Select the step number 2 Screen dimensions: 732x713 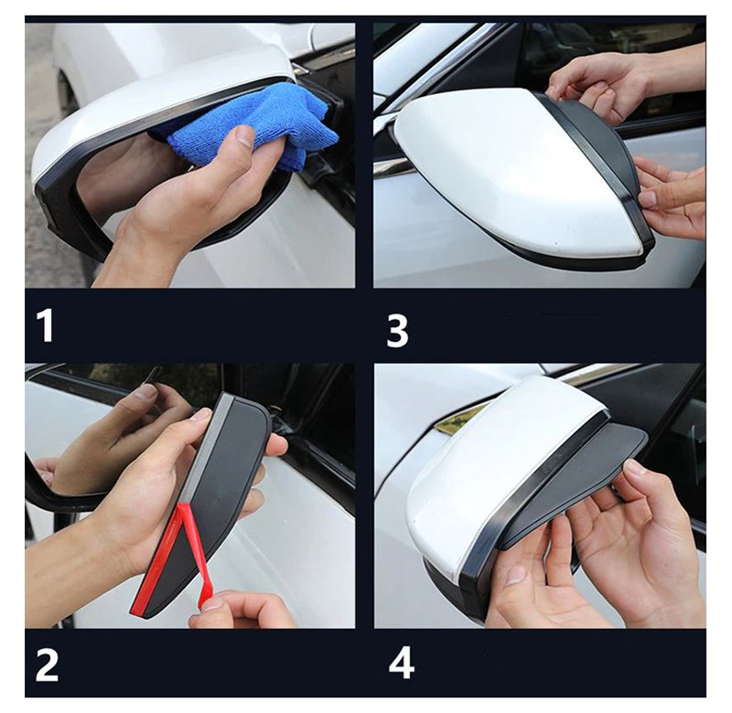coord(48,665)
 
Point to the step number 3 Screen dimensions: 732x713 coord(397,331)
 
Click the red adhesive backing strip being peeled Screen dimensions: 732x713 coord(173,559)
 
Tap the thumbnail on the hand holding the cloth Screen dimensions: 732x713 coord(244,136)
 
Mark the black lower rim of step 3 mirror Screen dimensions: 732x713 coord(575,261)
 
